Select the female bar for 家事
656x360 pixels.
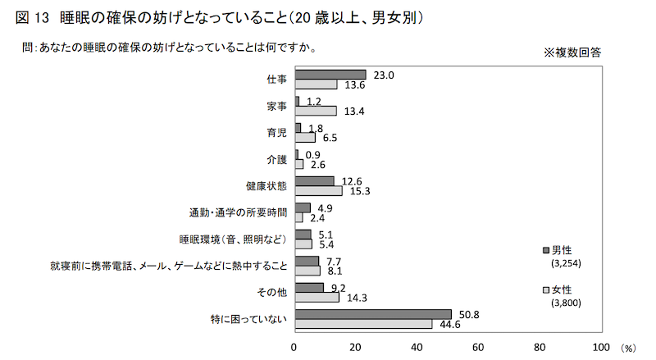(x=316, y=111)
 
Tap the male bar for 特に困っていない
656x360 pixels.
(x=373, y=314)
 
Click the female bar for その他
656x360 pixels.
(x=317, y=297)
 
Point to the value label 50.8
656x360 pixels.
(x=467, y=312)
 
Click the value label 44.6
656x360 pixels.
(x=448, y=323)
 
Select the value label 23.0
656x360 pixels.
(x=383, y=74)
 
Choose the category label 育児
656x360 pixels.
(x=276, y=133)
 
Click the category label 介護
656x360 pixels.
(x=276, y=159)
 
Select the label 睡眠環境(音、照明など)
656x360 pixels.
(x=233, y=239)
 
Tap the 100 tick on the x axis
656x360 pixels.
(x=602, y=346)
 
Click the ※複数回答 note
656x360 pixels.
(x=572, y=52)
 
